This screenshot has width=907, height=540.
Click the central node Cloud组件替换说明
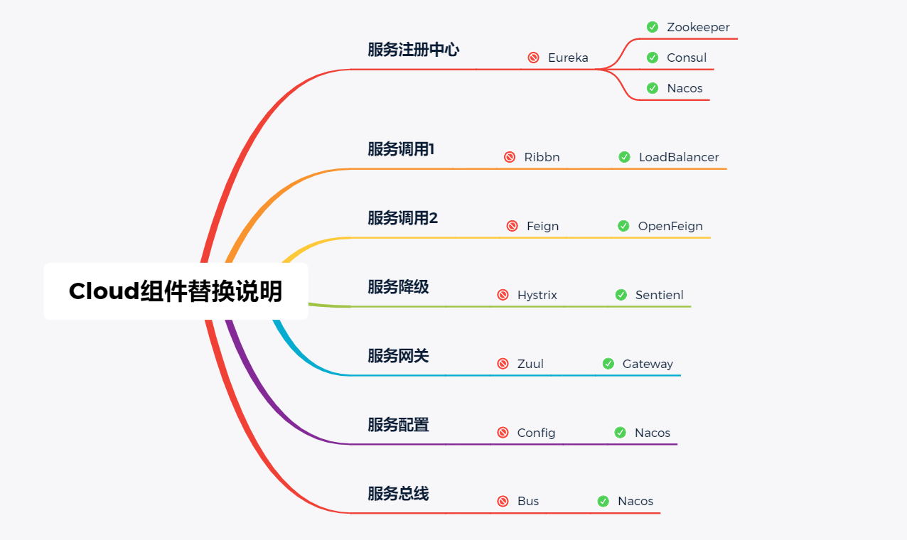[176, 291]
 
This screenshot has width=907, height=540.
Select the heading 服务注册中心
[413, 50]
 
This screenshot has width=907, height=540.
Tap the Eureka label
[568, 58]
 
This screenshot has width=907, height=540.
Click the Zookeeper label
[698, 27]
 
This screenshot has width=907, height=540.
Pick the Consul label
[687, 58]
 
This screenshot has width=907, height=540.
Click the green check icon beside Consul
[653, 58]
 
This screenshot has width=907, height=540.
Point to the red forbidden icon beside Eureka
[534, 58]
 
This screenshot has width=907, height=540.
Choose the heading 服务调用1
[401, 149]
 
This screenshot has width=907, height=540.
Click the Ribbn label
[542, 157]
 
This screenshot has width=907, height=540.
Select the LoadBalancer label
[679, 157]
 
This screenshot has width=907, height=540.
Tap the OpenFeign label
[670, 226]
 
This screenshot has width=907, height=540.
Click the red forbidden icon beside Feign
[512, 226]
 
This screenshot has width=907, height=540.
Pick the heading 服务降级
[398, 287]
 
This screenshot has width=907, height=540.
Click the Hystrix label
[537, 295]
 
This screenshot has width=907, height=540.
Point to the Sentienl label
[660, 295]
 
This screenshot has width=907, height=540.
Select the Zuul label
[530, 364]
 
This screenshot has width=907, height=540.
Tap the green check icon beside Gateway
[608, 364]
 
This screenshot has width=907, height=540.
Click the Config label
[537, 433]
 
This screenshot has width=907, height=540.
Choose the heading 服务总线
[398, 494]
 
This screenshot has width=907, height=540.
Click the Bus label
[528, 501]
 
